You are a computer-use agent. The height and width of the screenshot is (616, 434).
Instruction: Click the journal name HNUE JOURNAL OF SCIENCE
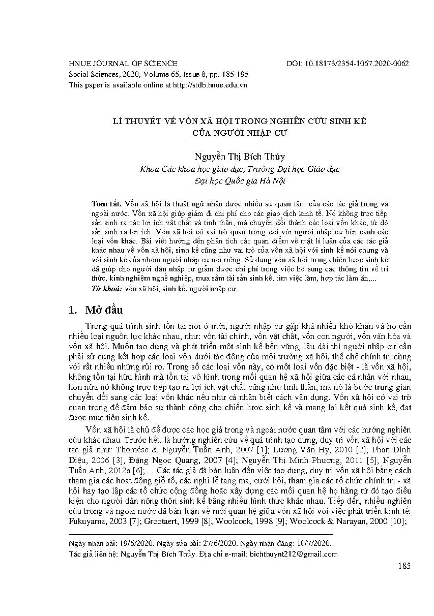123,64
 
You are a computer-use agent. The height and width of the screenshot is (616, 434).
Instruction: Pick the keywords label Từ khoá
105,289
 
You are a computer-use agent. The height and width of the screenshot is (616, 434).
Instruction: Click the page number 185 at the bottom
404,566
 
